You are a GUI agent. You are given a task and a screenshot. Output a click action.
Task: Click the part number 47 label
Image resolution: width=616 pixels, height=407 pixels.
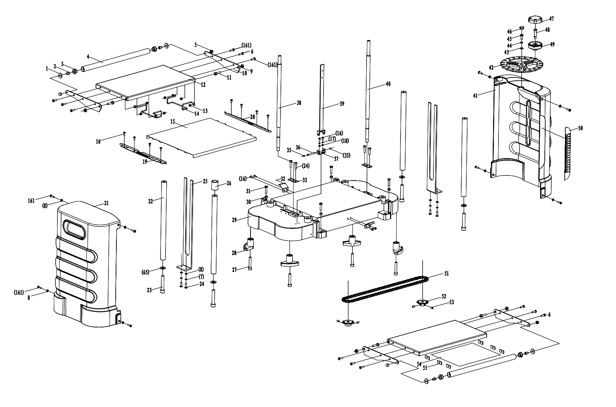551,19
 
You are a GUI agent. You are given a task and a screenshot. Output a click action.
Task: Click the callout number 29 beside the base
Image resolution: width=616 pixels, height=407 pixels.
234,220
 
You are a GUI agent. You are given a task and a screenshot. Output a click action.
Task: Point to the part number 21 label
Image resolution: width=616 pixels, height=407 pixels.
106,203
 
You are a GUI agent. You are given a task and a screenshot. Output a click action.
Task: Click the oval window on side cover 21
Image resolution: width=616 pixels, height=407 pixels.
74,229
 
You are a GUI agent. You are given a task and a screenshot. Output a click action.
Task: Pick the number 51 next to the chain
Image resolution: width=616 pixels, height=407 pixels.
446,274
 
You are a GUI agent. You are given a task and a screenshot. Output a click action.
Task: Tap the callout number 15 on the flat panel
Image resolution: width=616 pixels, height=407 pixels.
173,122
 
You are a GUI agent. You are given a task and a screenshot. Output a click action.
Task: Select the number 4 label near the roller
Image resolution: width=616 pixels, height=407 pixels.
88,57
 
